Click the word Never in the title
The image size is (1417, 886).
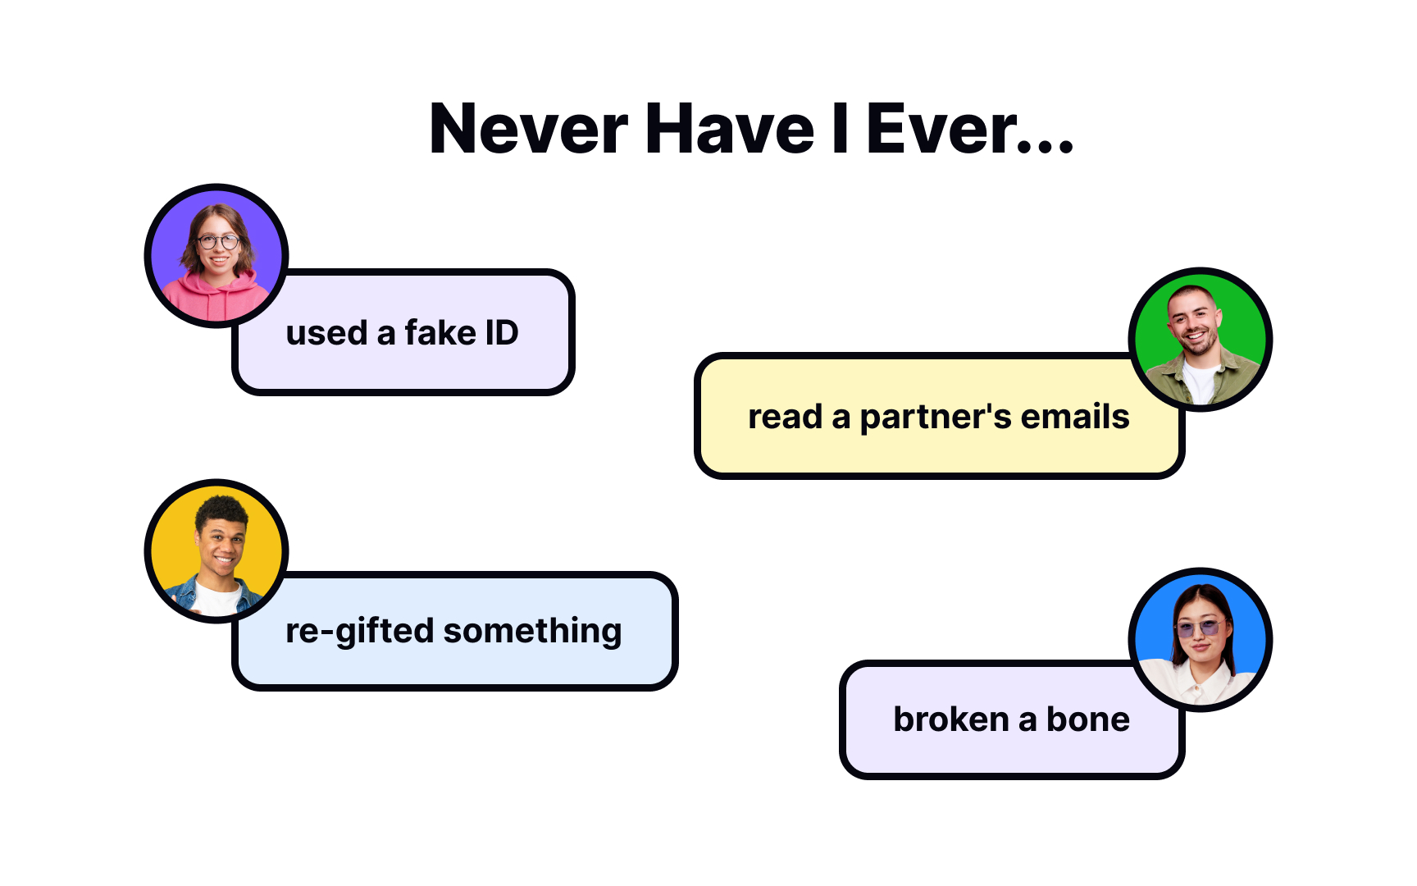(x=528, y=129)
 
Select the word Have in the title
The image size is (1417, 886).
(x=730, y=129)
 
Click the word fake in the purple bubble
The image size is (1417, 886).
(x=440, y=333)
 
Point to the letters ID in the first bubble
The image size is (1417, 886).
(x=502, y=333)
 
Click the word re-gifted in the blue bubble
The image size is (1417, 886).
(x=359, y=632)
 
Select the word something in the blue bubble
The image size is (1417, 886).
(x=532, y=632)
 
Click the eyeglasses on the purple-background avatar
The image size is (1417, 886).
(x=218, y=242)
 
